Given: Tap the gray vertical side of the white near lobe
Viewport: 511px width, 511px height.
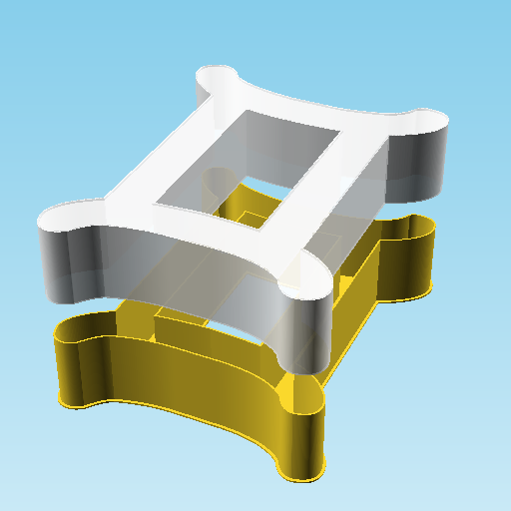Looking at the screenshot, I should [x=304, y=334].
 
